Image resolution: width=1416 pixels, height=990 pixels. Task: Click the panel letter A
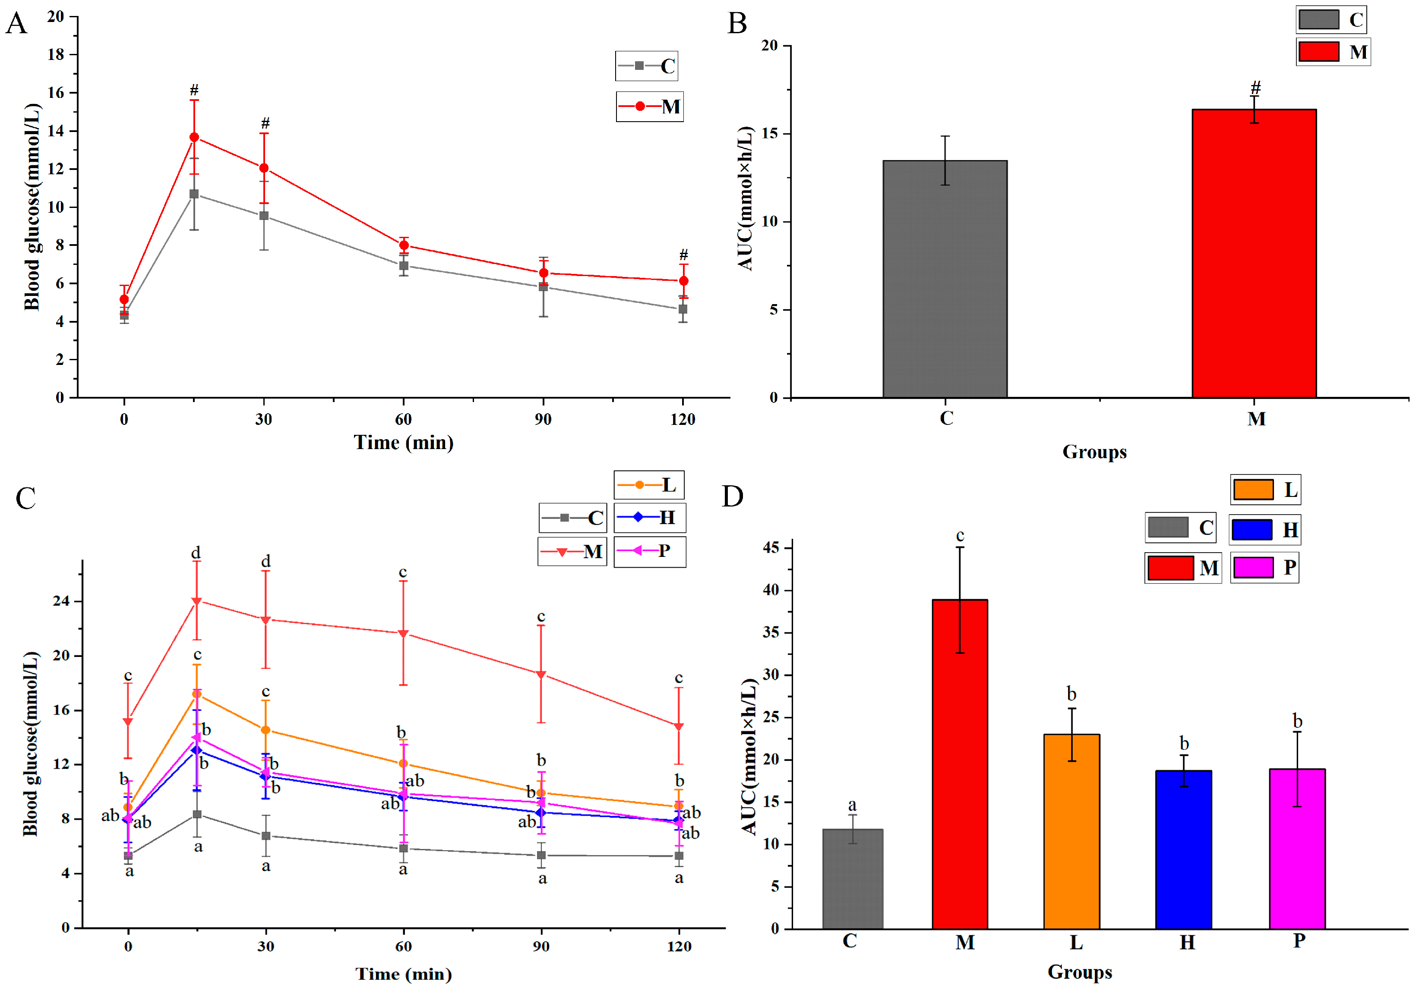pos(17,23)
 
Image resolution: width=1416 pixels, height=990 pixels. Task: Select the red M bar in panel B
pos(1254,253)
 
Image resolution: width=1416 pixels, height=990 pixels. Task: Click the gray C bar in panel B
pos(945,279)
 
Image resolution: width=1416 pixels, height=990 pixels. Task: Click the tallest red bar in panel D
pos(960,764)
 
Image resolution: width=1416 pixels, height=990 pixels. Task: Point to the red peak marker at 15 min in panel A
pos(194,137)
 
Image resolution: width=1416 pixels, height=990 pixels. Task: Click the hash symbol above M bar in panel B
pos(1255,88)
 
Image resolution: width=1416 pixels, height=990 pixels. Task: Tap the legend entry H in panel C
pos(649,517)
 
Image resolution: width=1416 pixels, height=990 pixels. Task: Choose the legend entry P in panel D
pos(1264,567)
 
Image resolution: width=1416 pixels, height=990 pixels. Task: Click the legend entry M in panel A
pos(649,107)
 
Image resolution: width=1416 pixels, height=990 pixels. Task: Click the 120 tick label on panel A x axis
pos(682,419)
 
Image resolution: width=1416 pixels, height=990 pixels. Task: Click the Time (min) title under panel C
pos(403,974)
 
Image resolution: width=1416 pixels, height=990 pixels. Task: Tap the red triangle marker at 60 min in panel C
pos(403,633)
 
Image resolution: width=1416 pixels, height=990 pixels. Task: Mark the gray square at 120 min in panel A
pos(683,309)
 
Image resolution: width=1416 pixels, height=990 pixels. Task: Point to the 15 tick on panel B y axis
pos(770,134)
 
